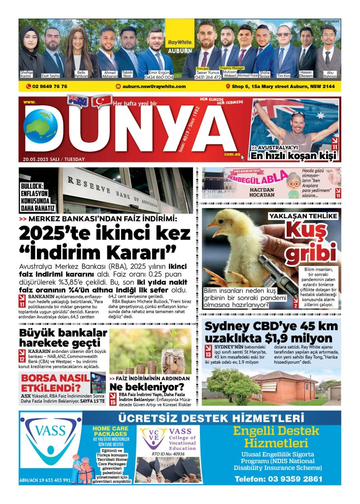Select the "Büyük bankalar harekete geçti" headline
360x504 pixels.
(63, 338)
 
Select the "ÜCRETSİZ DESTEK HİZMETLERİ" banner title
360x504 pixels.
(209, 418)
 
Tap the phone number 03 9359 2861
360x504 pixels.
(279, 478)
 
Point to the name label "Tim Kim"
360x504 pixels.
(283, 76)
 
